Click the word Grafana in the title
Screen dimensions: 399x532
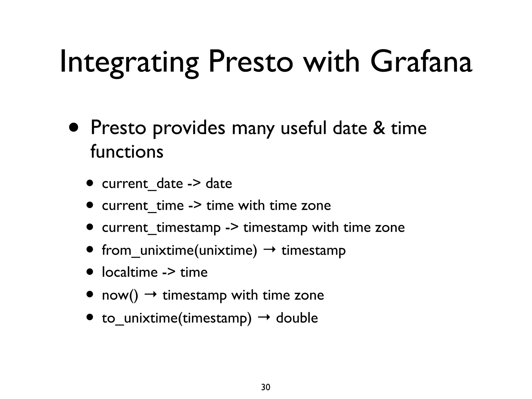421,62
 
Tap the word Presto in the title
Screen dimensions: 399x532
251,62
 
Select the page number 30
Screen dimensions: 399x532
265,387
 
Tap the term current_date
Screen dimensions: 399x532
142,184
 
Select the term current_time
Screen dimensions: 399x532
143,206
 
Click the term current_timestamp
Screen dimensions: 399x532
161,228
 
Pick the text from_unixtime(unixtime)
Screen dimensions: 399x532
179,250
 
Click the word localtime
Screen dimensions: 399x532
130,272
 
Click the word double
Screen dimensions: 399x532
297,318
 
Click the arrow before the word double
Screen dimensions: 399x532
264,317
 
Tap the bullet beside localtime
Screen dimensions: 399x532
90,272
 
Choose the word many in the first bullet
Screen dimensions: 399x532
253,129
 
